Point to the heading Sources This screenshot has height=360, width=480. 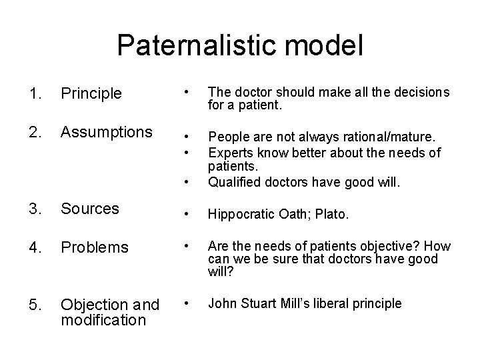point(89,209)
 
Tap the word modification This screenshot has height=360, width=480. point(103,320)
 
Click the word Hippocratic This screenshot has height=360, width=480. point(242,215)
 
